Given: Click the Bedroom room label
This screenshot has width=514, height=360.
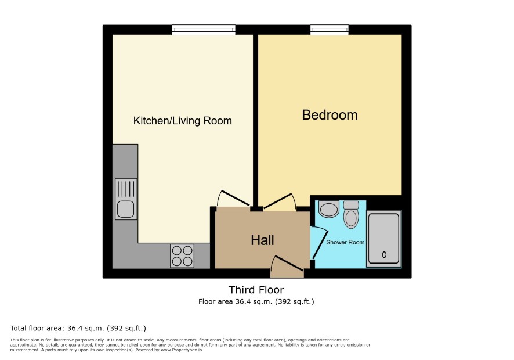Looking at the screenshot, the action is tap(330, 115).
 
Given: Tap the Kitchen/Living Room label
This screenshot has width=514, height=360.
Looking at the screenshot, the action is tap(183, 121).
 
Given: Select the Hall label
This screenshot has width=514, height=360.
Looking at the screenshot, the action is tap(262, 240).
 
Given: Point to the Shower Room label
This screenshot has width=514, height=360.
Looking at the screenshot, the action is tap(345, 242).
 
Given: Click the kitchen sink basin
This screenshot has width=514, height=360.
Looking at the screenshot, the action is tap(126, 210).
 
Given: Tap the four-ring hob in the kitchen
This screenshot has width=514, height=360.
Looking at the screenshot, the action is tap(182, 255).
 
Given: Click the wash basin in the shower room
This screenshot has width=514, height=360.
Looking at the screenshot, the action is tap(329, 209).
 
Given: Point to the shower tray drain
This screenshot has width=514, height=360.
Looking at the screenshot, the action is tap(384, 254).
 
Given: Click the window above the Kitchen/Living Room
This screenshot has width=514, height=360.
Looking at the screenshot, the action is tap(204, 30).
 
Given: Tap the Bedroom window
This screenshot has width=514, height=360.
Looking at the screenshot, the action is tap(330, 30).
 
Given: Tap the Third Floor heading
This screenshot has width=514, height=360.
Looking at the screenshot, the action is tap(256, 290).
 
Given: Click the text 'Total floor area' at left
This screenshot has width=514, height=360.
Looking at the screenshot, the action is tap(37, 328).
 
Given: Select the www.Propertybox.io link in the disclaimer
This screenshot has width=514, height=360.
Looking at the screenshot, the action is tap(181, 350).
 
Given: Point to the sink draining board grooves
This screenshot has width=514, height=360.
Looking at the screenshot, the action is tap(126, 189).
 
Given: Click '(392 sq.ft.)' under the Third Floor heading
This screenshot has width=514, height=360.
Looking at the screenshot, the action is tap(294, 301).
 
